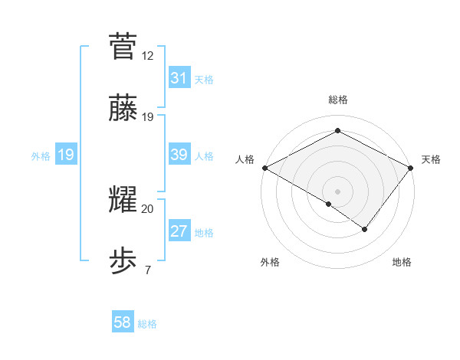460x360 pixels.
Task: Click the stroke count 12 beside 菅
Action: [x=147, y=56]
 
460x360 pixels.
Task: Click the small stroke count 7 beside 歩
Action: [x=147, y=270]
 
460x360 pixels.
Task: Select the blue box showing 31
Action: [x=179, y=78]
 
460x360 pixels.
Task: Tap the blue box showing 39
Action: [x=179, y=155]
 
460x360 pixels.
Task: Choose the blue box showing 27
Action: [x=179, y=231]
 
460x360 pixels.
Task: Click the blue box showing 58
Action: [x=123, y=322]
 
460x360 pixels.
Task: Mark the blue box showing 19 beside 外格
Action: [x=65, y=155]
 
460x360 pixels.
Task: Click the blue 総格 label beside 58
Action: [x=147, y=324]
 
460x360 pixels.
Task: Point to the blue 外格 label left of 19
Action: [x=41, y=155]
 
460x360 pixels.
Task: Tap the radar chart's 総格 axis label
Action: [x=337, y=100]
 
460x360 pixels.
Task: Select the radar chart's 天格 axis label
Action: [x=431, y=159]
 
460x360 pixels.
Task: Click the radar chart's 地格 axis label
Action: [x=402, y=262]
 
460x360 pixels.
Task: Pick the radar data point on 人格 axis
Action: [x=264, y=167]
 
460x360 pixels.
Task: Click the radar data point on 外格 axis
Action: [x=329, y=204]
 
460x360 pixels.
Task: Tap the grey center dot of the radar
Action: [x=337, y=191]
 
